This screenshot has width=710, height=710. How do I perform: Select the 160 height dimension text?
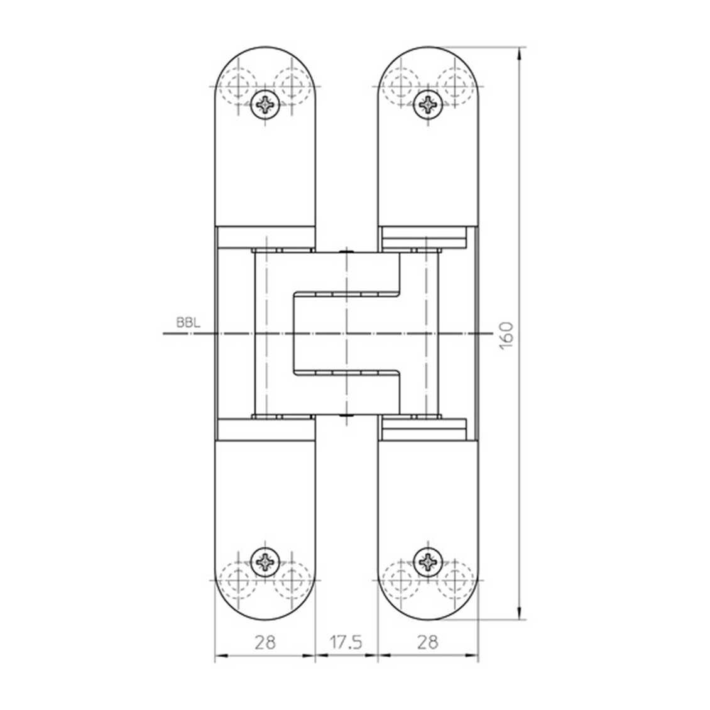(x=506, y=333)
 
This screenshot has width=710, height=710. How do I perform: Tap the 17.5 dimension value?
(x=346, y=642)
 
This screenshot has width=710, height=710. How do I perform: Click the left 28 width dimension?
(x=265, y=642)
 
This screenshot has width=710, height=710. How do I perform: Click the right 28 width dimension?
(x=427, y=642)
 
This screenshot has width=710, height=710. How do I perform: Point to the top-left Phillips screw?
(x=265, y=104)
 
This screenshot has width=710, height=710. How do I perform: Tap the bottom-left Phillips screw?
(x=265, y=560)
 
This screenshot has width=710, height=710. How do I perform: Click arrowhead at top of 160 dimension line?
(x=519, y=53)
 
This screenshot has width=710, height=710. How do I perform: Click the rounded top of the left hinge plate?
(x=265, y=60)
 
